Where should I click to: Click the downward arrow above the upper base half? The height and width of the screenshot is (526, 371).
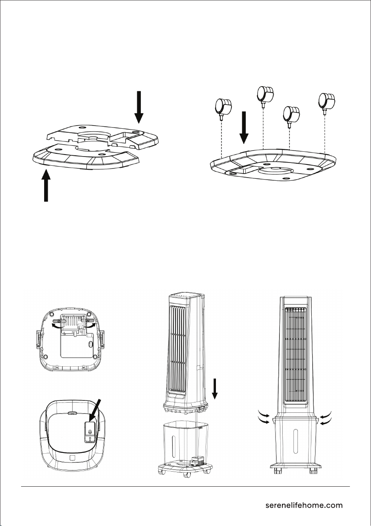(139, 107)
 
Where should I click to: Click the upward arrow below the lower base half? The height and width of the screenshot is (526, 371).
(46, 186)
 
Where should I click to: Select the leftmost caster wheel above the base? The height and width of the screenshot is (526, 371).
(223, 108)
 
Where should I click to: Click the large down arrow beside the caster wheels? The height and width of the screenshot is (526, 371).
(244, 128)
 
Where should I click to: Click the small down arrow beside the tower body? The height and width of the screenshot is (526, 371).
(215, 389)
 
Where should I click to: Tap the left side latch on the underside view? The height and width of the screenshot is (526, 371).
(38, 339)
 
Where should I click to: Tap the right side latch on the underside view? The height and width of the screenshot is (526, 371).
(103, 339)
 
